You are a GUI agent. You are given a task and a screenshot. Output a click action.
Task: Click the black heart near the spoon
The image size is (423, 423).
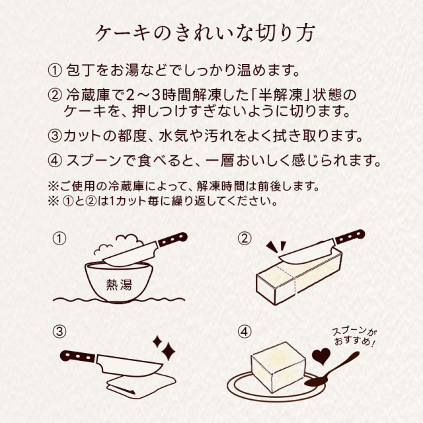(x=322, y=358)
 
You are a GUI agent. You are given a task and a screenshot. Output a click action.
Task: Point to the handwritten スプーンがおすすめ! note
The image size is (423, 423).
(x=355, y=337)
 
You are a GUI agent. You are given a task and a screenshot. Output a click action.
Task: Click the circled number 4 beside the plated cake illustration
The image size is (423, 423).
(x=245, y=331)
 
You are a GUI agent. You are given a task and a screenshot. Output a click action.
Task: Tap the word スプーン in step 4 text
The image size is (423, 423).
(x=93, y=160)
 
